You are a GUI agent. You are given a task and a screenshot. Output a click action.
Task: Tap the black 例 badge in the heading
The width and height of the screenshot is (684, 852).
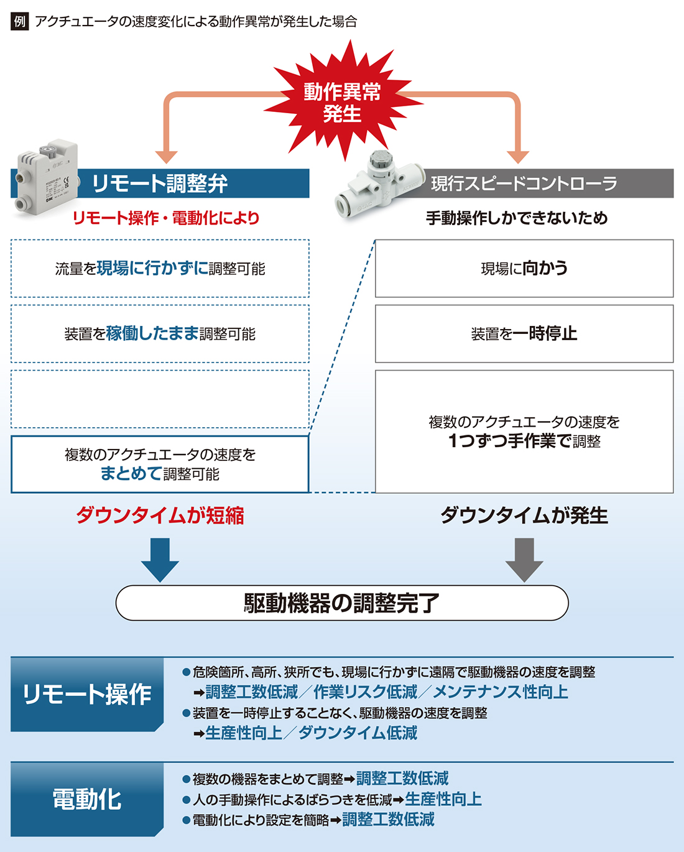[x=19, y=21]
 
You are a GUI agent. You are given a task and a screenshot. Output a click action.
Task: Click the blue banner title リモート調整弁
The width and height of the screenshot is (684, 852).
[x=160, y=183]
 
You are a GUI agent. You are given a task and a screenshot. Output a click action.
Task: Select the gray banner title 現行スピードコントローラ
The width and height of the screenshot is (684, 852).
[x=524, y=183]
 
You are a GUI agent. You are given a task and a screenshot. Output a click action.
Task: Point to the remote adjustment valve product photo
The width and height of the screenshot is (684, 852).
[x=46, y=177]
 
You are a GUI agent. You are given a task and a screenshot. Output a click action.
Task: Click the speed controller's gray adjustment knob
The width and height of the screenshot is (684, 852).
[x=379, y=160]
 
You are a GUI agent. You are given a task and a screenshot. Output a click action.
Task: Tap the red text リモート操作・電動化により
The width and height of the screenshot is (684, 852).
[x=166, y=218]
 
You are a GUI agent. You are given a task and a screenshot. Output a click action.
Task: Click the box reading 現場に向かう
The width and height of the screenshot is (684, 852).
[x=524, y=269]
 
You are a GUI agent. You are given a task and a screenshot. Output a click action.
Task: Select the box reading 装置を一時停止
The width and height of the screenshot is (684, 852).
[x=524, y=334]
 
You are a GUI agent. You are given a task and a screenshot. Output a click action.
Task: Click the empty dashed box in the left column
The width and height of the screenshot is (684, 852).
[x=160, y=399]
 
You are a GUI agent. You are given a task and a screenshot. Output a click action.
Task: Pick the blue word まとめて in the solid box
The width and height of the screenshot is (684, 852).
[x=131, y=473]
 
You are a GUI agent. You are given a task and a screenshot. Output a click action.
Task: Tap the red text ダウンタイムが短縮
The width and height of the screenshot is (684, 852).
[x=160, y=516]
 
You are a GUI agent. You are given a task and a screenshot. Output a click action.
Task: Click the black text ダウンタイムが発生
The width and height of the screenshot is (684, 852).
[x=524, y=516]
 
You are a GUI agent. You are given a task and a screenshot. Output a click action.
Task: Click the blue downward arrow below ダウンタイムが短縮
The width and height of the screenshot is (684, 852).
[x=160, y=560]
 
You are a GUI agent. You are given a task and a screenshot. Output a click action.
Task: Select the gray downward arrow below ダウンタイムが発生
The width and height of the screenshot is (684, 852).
[x=524, y=560]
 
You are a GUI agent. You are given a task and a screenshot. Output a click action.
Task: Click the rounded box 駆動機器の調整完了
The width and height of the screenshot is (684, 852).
[x=342, y=603]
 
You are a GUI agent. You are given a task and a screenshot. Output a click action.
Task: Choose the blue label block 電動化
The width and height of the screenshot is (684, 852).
[x=87, y=799]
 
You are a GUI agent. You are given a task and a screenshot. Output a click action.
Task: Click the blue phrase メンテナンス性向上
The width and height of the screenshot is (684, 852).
[x=501, y=692]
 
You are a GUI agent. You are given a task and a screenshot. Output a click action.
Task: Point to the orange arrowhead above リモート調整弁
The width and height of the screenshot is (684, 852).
[x=166, y=157]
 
